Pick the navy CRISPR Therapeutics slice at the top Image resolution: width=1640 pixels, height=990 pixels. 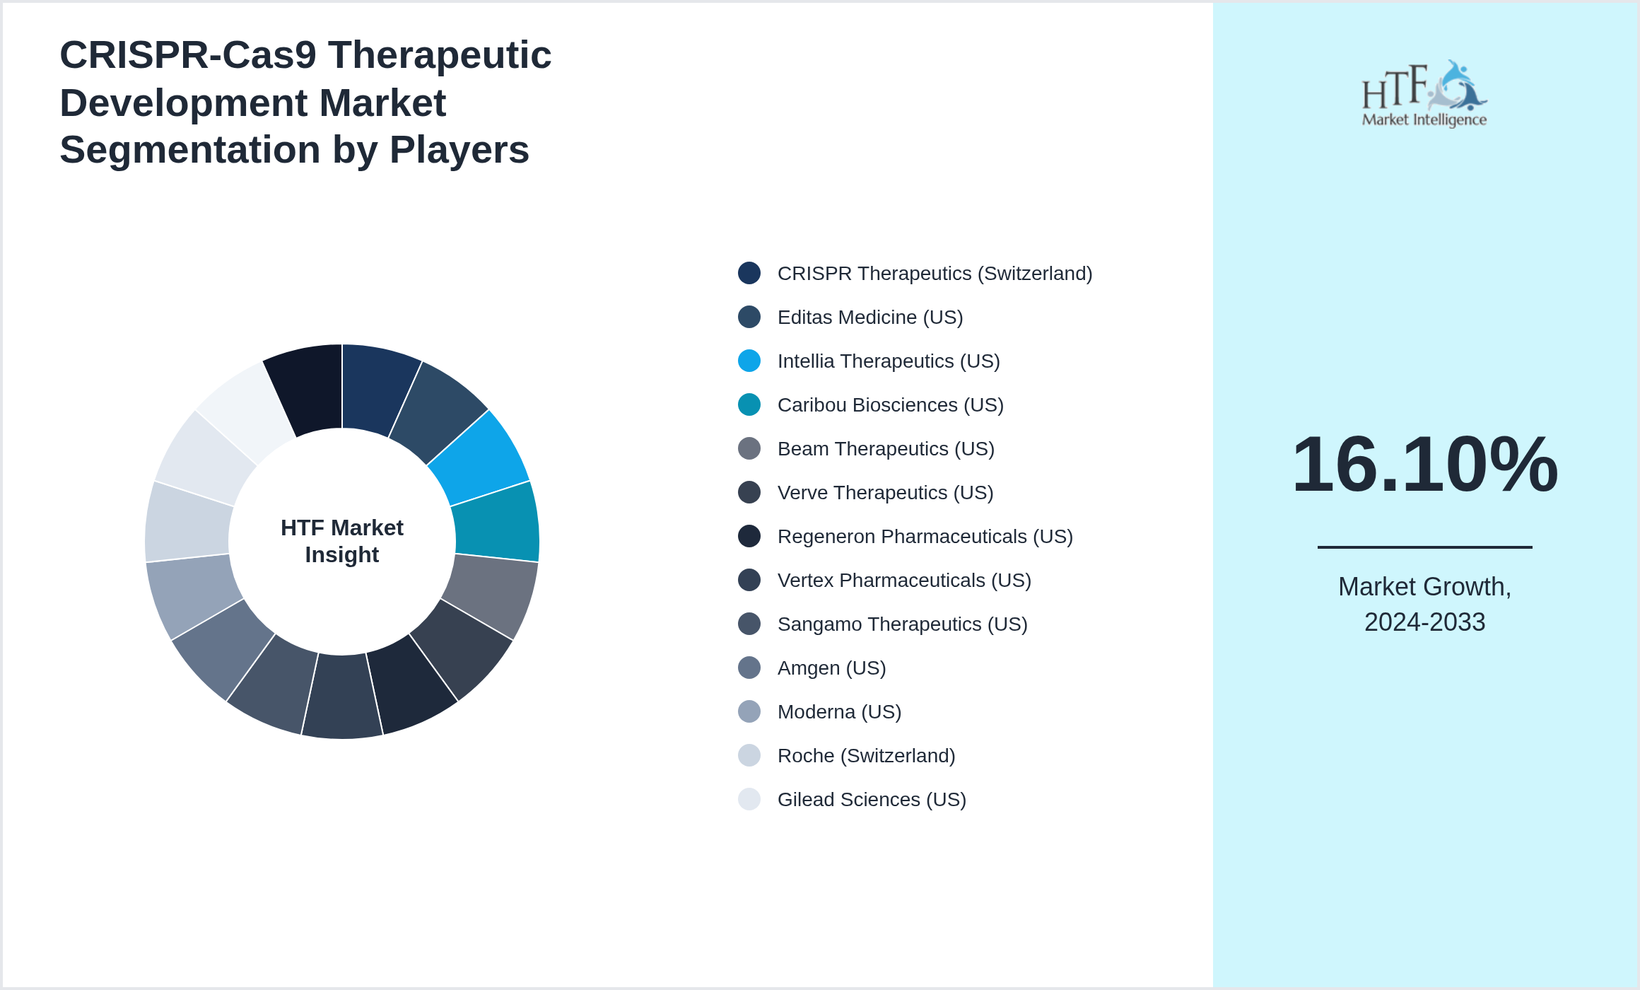[378, 389]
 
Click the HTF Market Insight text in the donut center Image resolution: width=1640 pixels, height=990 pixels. [342, 541]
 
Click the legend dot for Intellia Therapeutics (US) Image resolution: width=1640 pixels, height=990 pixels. [749, 361]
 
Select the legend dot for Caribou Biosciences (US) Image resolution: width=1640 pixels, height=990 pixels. [749, 404]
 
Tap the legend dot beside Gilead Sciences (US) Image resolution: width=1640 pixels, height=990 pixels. [749, 799]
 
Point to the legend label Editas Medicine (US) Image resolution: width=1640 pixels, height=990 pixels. [869, 318]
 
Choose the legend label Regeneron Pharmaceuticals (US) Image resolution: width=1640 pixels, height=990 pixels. [925, 537]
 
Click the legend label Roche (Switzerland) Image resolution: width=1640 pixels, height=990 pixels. [866, 756]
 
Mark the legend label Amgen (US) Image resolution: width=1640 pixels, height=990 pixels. [831, 668]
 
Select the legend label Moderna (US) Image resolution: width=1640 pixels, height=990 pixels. [839, 712]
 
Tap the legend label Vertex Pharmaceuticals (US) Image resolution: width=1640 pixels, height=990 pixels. [904, 581]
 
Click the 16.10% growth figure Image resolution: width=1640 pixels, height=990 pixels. [1424, 465]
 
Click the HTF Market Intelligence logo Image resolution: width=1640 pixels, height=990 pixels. [1424, 94]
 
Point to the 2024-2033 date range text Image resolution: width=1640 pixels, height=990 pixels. [1424, 622]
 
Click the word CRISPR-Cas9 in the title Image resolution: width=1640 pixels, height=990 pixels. [188, 55]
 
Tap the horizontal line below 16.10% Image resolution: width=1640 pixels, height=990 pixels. [1424, 547]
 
